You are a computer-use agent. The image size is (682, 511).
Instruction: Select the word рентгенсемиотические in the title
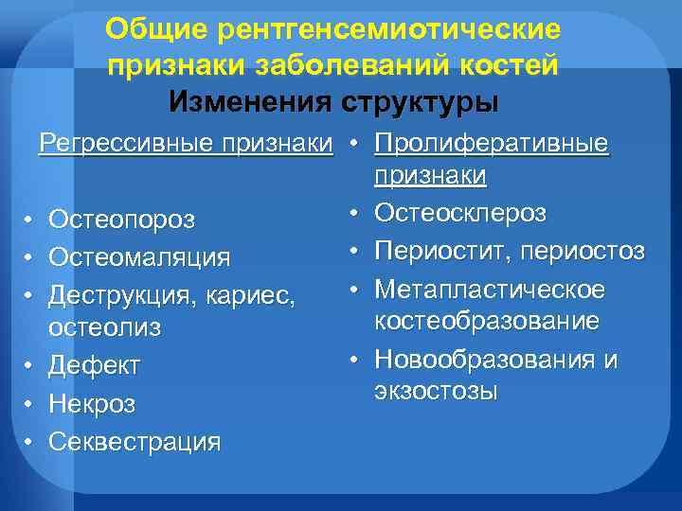point(389,29)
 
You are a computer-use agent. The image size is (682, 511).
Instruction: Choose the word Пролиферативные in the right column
point(492,144)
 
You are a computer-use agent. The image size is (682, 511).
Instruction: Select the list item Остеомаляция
point(139,256)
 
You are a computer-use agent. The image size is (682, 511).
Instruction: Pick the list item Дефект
point(94,364)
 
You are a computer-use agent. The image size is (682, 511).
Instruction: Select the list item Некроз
point(92,403)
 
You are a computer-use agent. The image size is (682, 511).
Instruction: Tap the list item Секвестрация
point(135,440)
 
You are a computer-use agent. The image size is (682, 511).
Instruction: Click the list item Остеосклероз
point(460,213)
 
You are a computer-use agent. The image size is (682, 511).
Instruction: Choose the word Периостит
point(436,251)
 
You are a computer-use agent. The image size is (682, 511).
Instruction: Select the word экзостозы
point(436,392)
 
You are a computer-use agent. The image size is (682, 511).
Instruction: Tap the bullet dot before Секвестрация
point(30,441)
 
